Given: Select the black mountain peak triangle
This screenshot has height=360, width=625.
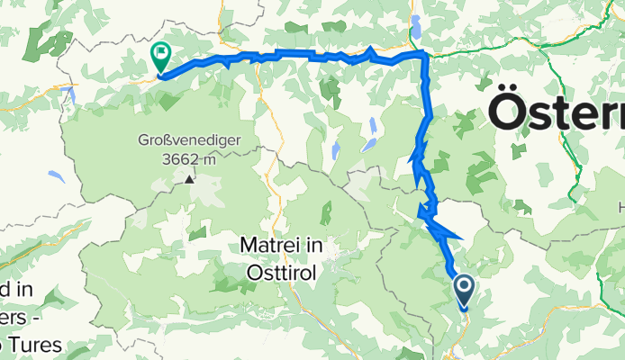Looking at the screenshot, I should point(190,179).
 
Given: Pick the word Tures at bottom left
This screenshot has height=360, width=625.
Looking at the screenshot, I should point(31,345).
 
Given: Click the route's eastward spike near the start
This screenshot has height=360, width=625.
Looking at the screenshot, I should point(460,238).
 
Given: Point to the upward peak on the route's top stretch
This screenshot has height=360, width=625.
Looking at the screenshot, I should point(371,49).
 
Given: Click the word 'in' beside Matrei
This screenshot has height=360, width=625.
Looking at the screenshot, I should point(317,245).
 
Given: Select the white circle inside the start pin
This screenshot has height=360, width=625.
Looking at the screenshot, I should point(465,287).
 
